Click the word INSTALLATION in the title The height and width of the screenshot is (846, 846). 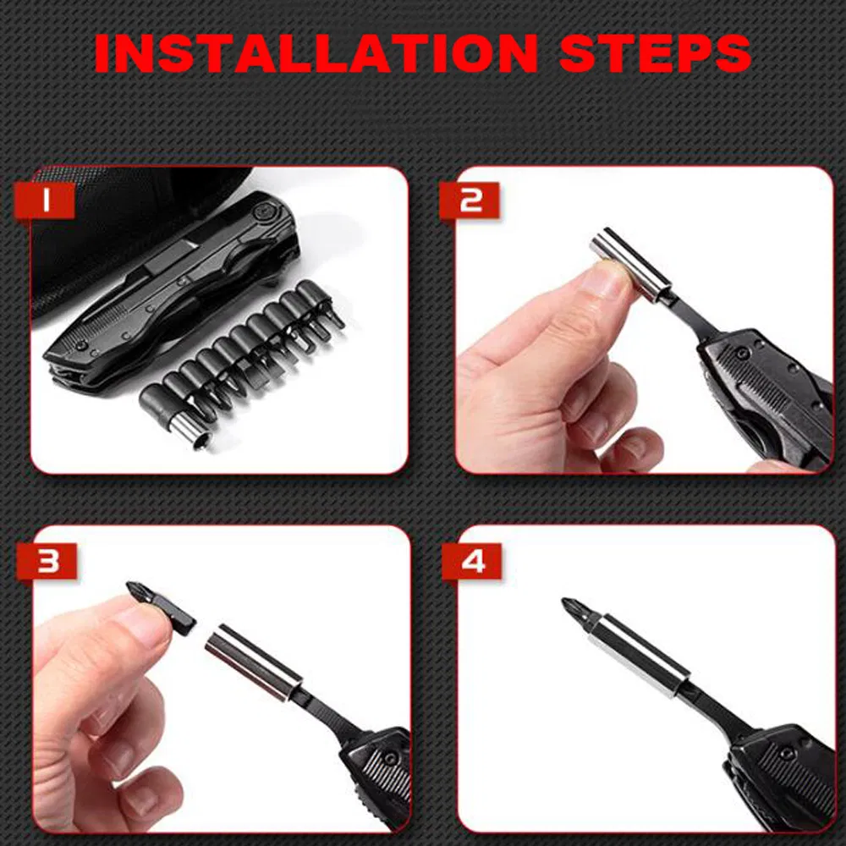pyautogui.click(x=316, y=54)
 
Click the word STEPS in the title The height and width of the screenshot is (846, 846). pyautogui.click(x=656, y=54)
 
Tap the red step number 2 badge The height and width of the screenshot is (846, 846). pyautogui.click(x=470, y=201)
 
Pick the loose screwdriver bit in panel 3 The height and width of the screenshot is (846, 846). pyautogui.click(x=161, y=609)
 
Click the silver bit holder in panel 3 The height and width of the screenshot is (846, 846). pyautogui.click(x=253, y=662)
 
